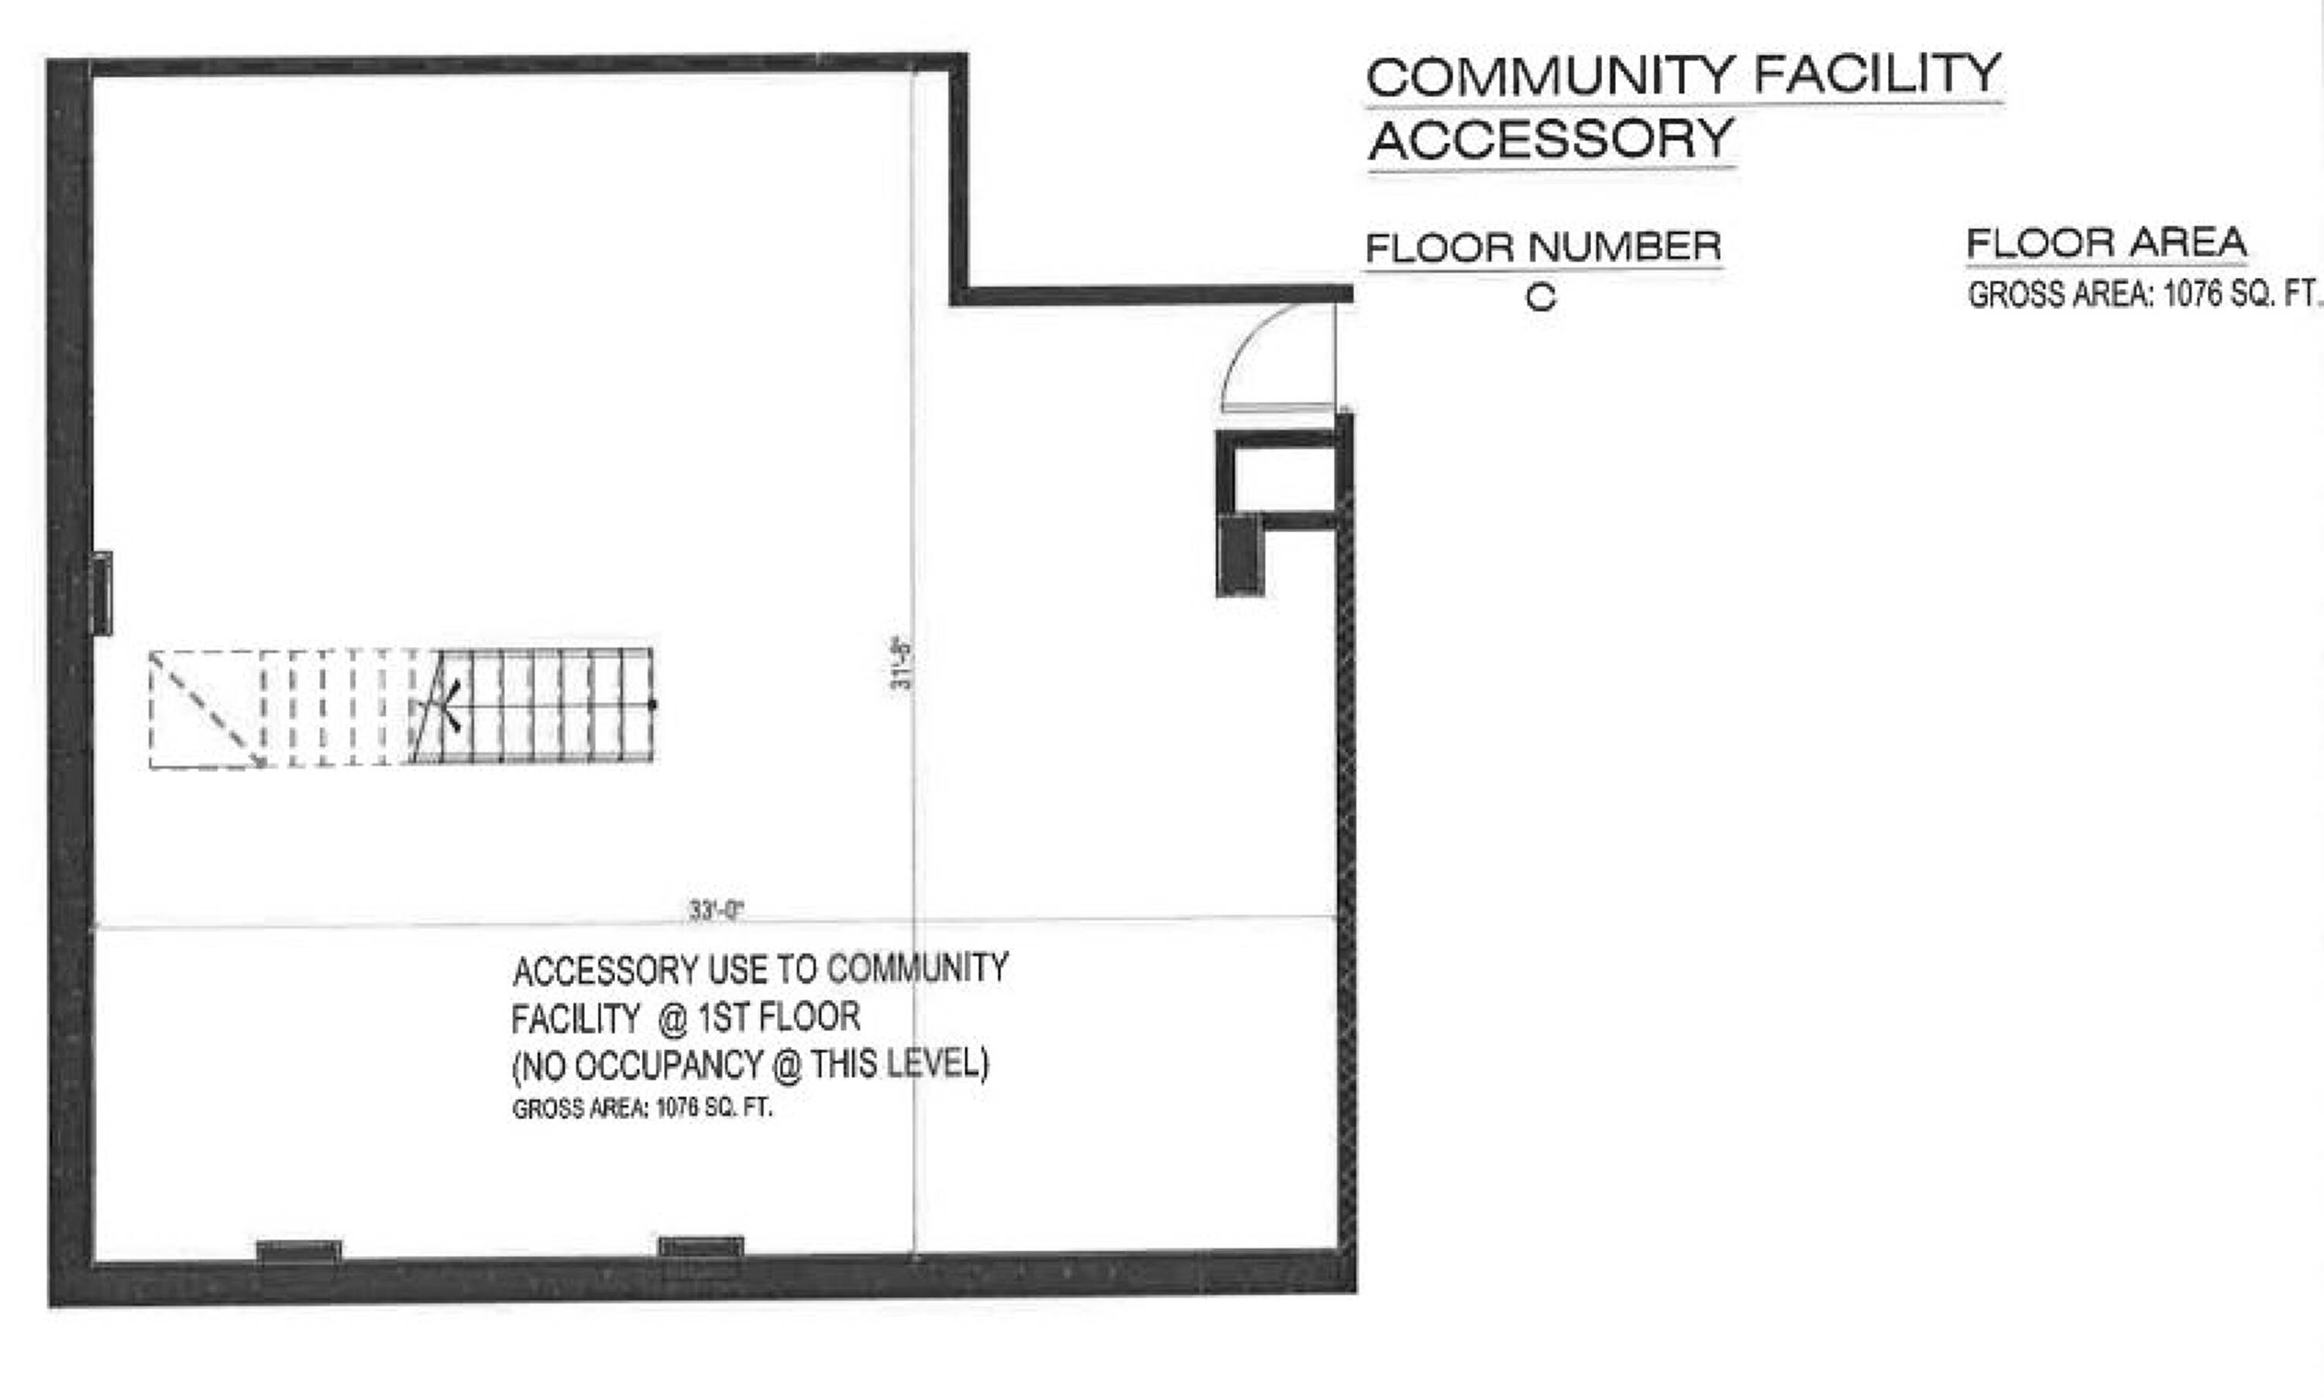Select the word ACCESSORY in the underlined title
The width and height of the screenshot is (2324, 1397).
pyautogui.click(x=1551, y=139)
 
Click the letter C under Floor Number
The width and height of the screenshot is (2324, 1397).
pyautogui.click(x=1541, y=298)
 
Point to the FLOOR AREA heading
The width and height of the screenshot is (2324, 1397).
pyautogui.click(x=2106, y=243)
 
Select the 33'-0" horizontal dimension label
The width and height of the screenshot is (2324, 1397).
pyautogui.click(x=717, y=911)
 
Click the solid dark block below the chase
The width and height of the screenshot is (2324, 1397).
pyautogui.click(x=1240, y=555)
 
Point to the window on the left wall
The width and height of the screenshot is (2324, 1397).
pyautogui.click(x=101, y=593)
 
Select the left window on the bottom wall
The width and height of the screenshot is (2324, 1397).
pyautogui.click(x=300, y=1251)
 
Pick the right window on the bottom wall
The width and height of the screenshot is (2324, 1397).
pyautogui.click(x=700, y=1248)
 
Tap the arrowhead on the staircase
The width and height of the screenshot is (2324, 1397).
pyautogui.click(x=452, y=706)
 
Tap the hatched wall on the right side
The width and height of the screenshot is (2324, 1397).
pyautogui.click(x=1346, y=838)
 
